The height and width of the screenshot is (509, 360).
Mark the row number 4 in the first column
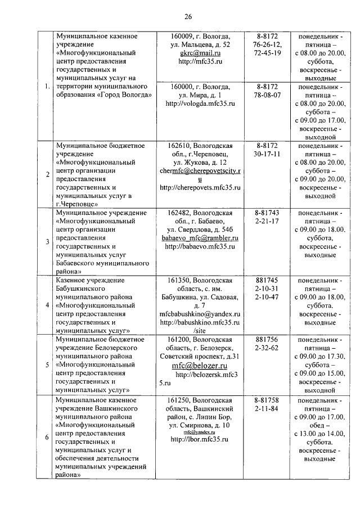point(47,305)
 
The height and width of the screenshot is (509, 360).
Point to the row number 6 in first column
point(47,437)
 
